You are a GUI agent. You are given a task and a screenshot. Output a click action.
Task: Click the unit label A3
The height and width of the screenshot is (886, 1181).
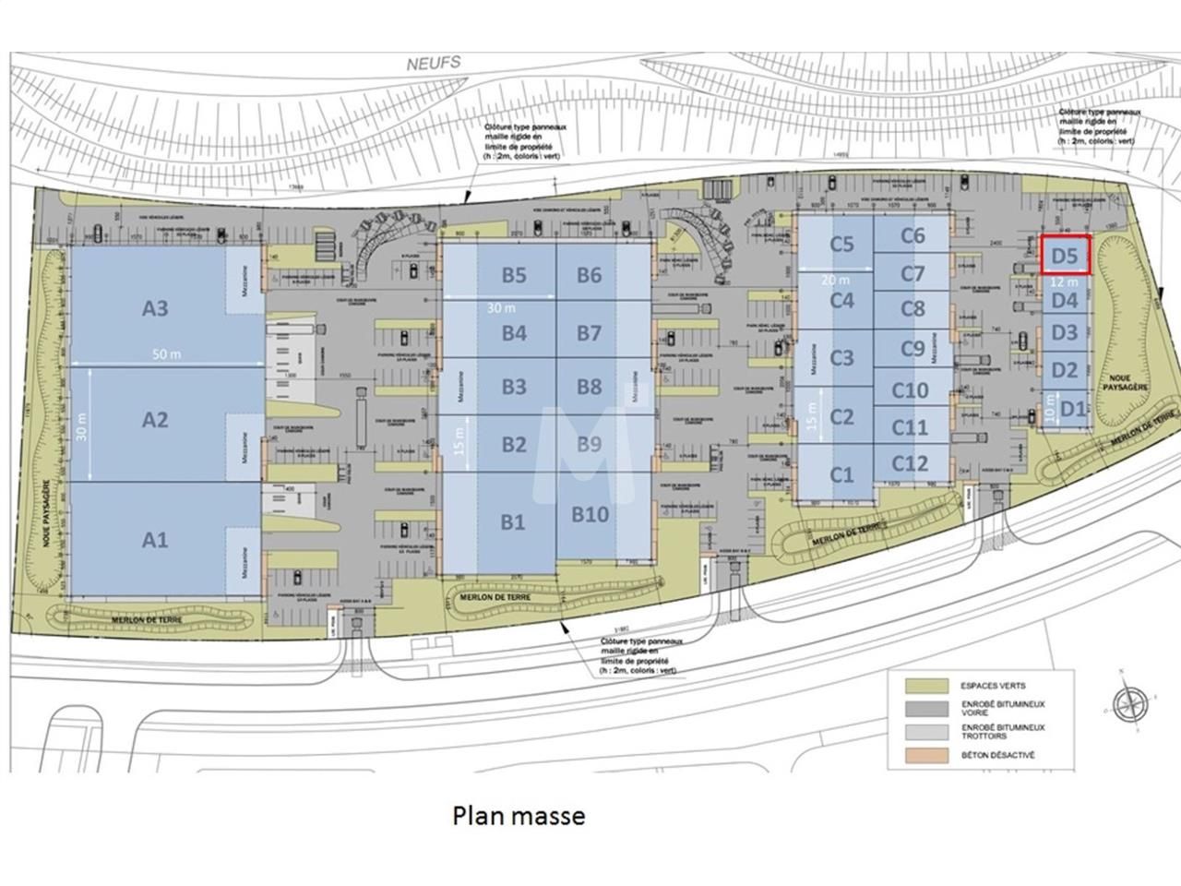click(x=155, y=308)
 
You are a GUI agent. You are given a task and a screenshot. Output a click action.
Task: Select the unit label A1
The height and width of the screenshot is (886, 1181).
click(x=155, y=539)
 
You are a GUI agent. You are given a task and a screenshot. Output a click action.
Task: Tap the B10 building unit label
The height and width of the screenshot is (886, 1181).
click(x=590, y=514)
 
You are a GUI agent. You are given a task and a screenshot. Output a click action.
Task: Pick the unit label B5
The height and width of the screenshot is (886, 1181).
click(x=514, y=275)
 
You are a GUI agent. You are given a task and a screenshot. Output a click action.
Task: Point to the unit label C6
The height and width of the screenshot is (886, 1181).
click(x=912, y=236)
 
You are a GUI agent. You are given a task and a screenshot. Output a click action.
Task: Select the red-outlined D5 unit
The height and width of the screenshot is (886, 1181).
click(x=1066, y=255)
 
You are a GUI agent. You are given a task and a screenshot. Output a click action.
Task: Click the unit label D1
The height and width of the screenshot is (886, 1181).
click(x=1072, y=407)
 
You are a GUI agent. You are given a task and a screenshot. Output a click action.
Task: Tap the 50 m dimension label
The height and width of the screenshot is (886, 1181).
click(x=161, y=354)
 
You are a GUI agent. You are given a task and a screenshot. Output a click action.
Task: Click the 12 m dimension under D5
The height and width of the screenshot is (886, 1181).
click(x=1064, y=281)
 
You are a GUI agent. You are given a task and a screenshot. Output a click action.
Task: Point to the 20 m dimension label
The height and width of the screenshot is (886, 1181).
click(x=835, y=280)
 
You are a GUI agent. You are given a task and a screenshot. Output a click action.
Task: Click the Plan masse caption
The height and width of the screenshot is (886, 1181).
click(x=519, y=816)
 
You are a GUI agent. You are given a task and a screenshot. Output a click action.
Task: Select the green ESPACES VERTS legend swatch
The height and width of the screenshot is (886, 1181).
click(x=926, y=686)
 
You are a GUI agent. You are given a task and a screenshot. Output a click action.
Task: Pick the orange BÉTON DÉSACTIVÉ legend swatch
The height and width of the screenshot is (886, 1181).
click(x=926, y=755)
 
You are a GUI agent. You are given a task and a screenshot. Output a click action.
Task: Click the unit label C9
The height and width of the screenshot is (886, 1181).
click(x=912, y=349)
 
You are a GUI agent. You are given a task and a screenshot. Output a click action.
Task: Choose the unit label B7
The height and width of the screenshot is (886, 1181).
click(x=590, y=333)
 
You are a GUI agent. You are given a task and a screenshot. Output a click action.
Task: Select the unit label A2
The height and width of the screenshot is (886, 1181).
click(x=155, y=420)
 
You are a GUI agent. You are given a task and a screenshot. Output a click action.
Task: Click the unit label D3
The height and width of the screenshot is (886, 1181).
click(x=1065, y=332)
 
